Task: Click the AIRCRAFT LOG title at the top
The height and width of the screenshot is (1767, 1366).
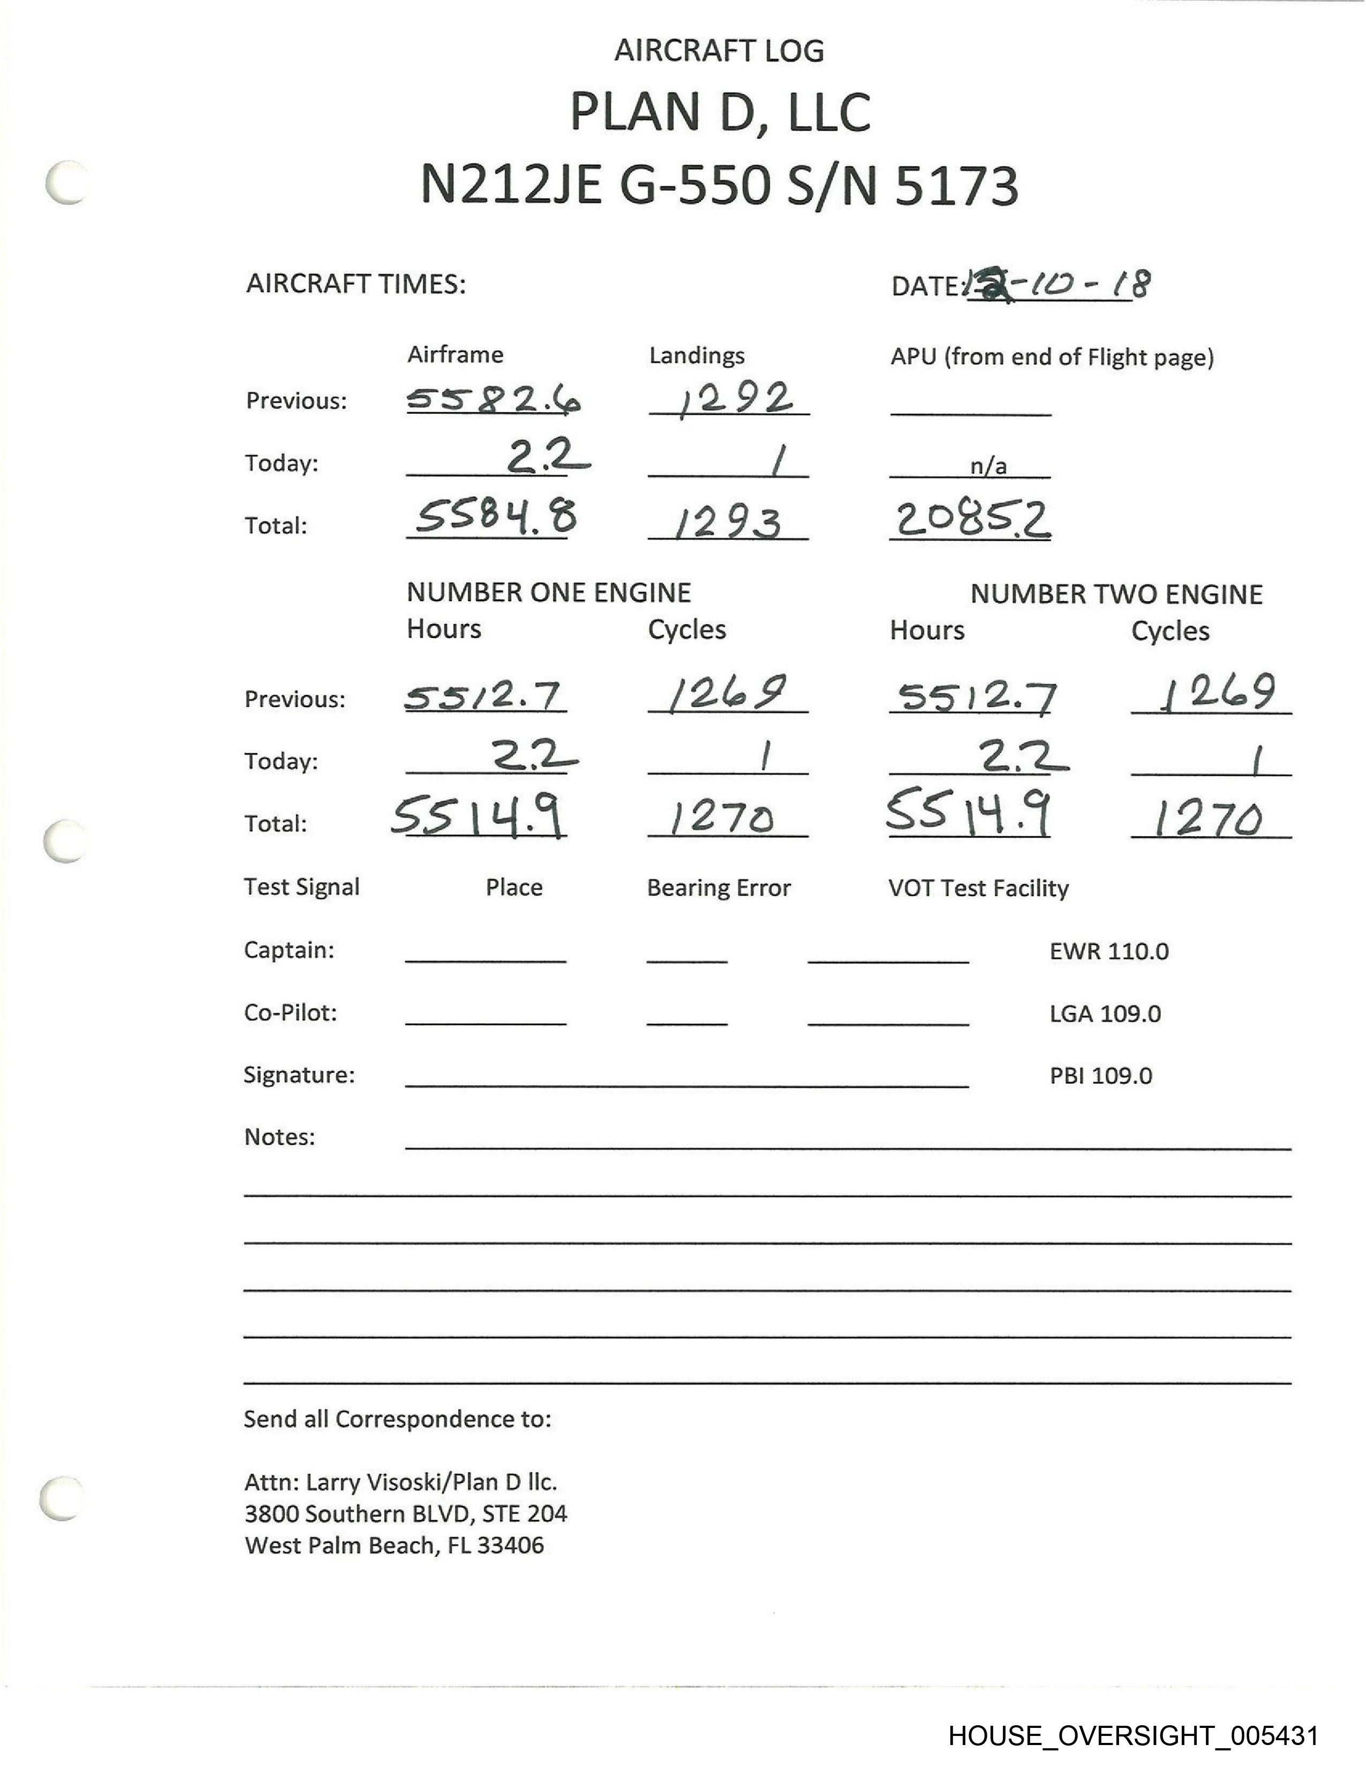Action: [718, 51]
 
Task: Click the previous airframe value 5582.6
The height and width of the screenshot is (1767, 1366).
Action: [493, 399]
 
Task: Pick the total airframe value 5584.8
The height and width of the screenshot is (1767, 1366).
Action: [496, 518]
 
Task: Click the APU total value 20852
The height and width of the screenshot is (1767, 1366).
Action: [971, 519]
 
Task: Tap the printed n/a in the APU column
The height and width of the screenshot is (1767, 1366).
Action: [988, 466]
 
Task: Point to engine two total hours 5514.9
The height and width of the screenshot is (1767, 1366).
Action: [969, 814]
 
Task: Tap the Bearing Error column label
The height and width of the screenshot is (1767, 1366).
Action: [718, 888]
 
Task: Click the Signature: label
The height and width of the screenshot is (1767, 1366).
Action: [299, 1075]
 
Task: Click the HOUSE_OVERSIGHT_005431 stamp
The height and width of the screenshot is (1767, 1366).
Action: [1133, 1735]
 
